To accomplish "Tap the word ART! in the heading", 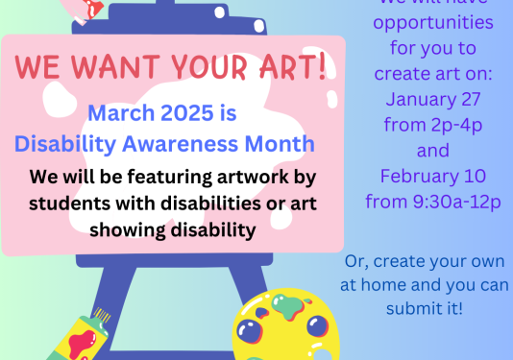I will click(x=290, y=66).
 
